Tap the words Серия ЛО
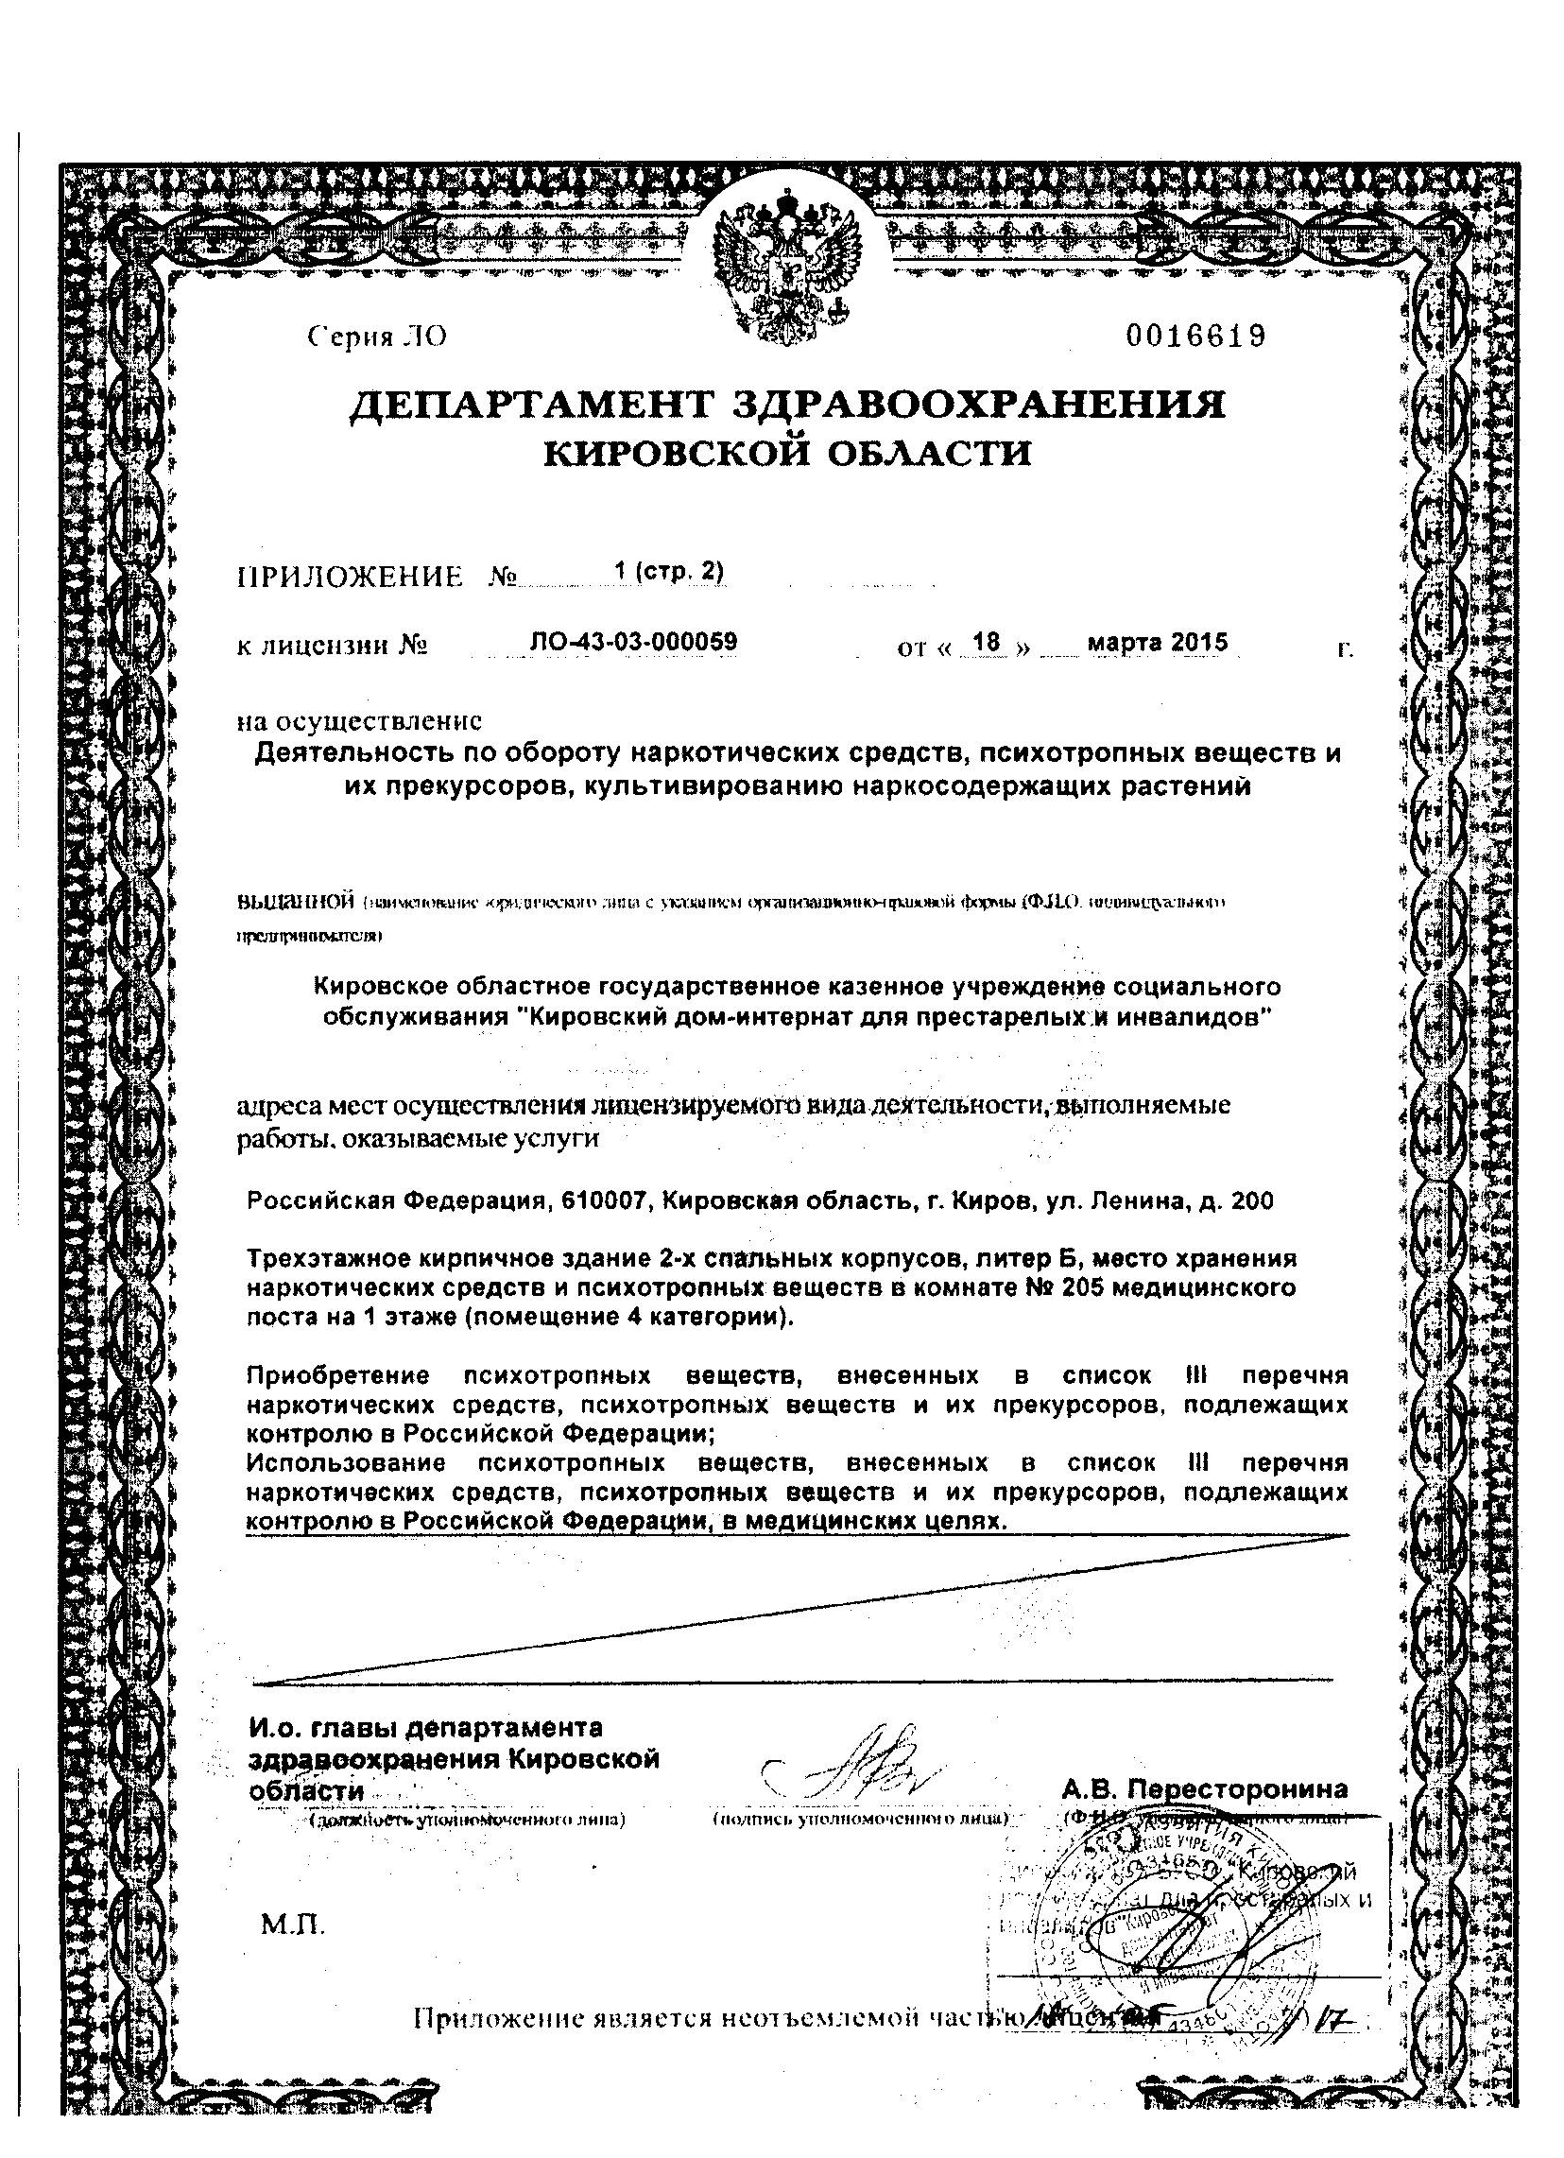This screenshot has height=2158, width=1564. coord(377,337)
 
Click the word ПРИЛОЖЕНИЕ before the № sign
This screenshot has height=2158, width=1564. coord(349,577)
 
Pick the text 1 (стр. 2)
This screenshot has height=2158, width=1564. coord(669,571)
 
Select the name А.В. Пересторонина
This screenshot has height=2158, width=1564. coord(1204,1788)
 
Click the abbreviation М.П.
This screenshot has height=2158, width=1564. coord(293,1927)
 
